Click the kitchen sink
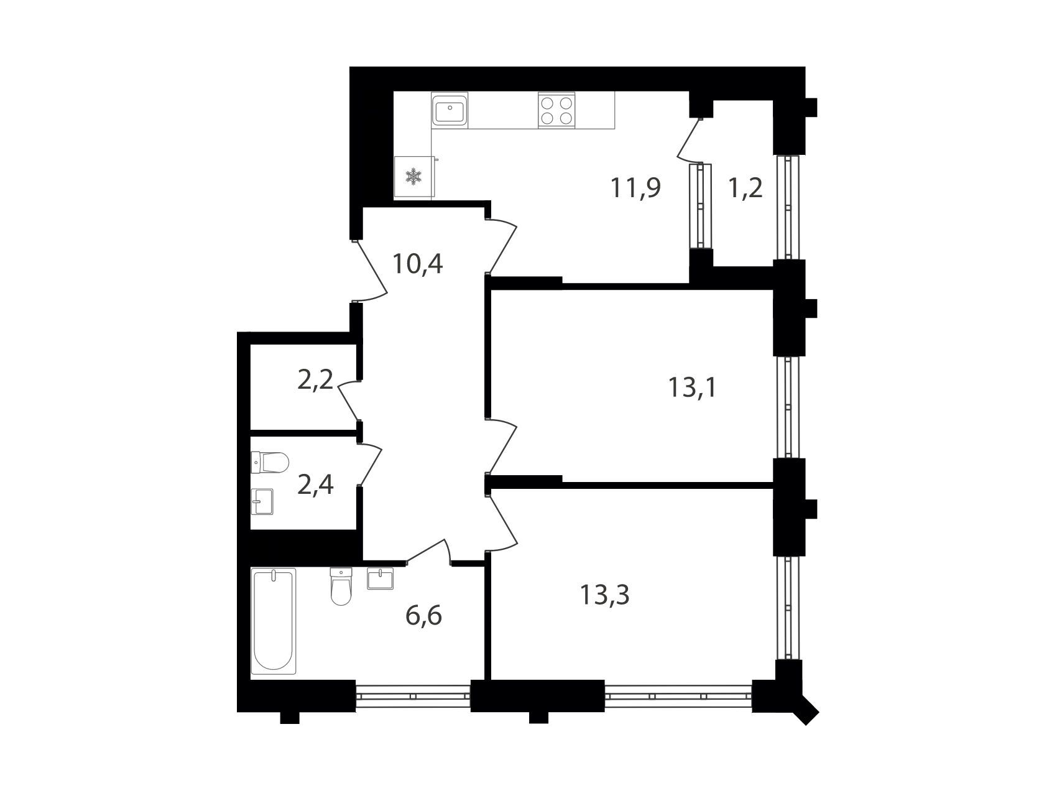tap(450, 111)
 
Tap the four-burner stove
tap(556, 110)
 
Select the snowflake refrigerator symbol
tap(413, 177)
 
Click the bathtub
tap(273, 621)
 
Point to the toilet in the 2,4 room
tap(270, 462)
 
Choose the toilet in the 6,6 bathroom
tap(341, 586)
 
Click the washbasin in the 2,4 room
tap(262, 501)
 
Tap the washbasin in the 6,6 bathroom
tap(380, 578)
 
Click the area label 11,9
tap(635, 187)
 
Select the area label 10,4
tap(417, 264)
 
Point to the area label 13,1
tap(692, 388)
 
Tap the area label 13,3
tap(605, 595)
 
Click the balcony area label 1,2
tap(745, 188)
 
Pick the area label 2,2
tap(316, 380)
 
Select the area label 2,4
tap(316, 485)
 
